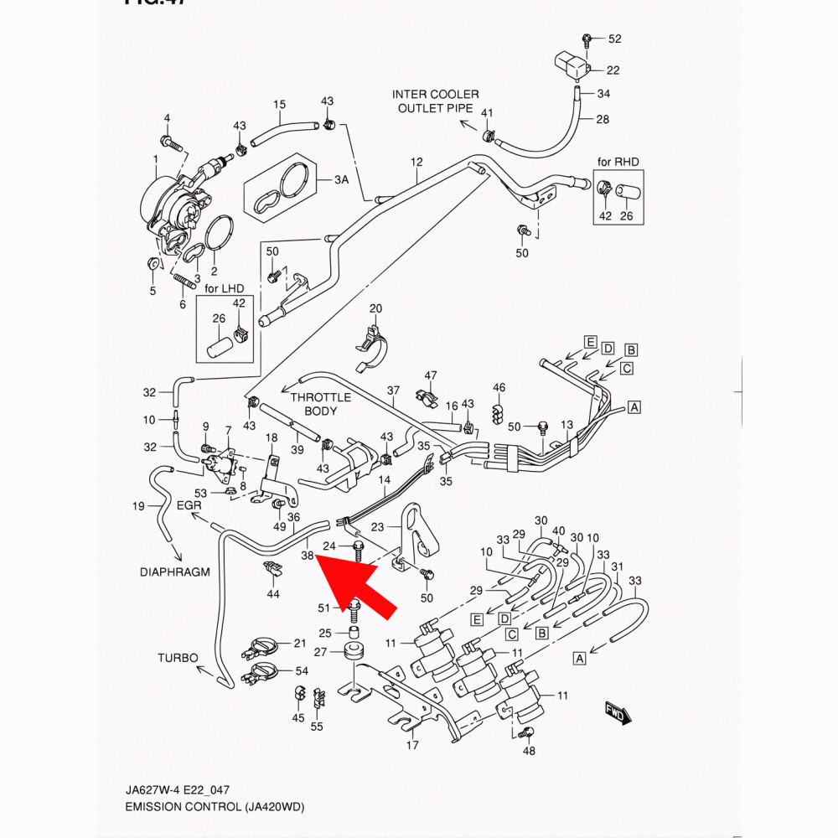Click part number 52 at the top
[614, 39]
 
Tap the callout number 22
[613, 70]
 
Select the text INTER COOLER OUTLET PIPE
[436, 101]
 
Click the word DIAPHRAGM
[175, 572]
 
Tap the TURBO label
[178, 658]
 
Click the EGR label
[190, 505]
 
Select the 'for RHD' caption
[618, 161]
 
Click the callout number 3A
[341, 179]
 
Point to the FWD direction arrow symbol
[618, 713]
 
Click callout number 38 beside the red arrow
[308, 555]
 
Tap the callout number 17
[412, 745]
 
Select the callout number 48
[529, 751]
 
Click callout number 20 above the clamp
[375, 308]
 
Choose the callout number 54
[302, 672]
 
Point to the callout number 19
[140, 505]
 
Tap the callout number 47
[431, 375]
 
